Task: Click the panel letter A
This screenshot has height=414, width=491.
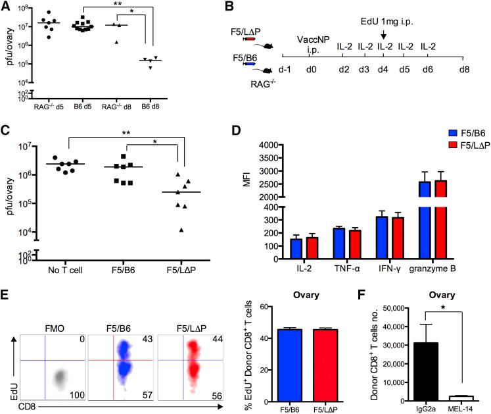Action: click(7, 7)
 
